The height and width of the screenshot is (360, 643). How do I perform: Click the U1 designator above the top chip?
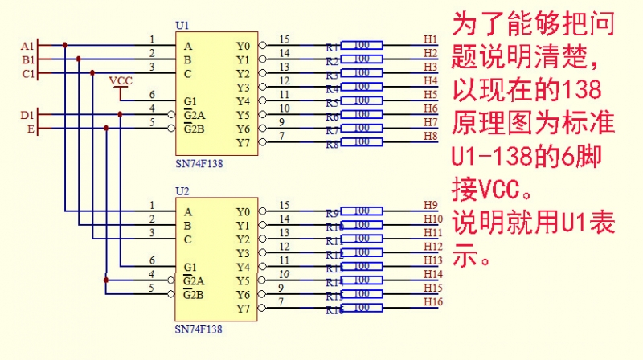(x=182, y=27)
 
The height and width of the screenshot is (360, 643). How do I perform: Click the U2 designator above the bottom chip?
(x=182, y=193)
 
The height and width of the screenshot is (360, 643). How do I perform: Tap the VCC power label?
(x=120, y=80)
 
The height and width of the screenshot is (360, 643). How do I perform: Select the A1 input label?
(x=27, y=46)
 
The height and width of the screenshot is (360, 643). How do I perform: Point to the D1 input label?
(x=27, y=115)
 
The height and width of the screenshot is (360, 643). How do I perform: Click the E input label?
(x=31, y=129)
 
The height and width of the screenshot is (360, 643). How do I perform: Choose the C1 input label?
(x=27, y=74)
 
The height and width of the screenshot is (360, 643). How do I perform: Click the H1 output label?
(x=430, y=39)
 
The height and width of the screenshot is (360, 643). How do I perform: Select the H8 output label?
(x=430, y=136)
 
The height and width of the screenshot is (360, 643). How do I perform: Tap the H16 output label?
(x=432, y=301)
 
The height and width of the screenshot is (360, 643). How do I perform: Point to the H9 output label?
(x=430, y=205)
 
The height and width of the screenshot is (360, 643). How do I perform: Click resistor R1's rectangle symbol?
(x=362, y=45)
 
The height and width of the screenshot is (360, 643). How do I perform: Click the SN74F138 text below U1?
(x=199, y=163)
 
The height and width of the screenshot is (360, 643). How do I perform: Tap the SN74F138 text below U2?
(x=199, y=329)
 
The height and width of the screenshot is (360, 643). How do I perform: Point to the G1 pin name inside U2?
(x=190, y=267)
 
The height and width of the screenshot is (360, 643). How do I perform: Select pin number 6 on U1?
(x=152, y=94)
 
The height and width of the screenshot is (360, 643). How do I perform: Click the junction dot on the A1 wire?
(x=65, y=45)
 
